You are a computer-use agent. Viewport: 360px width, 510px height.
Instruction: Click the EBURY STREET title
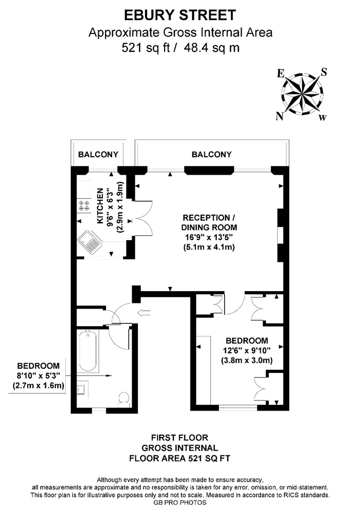180,15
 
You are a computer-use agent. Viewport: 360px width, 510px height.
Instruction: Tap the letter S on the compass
323,72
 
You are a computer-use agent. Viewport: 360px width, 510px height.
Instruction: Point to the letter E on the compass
280,73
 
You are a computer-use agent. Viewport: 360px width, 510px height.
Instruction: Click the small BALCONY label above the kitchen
98,154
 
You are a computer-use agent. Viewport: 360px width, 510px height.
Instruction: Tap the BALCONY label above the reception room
211,154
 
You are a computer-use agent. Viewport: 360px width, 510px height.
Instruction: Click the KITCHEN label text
100,206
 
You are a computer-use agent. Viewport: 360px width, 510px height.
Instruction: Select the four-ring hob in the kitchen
84,206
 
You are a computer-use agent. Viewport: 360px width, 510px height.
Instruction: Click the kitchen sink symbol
90,241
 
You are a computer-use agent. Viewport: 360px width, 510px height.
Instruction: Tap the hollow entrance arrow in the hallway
144,313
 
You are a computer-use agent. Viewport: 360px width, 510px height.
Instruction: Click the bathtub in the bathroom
88,351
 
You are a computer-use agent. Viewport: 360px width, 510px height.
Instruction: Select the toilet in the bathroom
124,399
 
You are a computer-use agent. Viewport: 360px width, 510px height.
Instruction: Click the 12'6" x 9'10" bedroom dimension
246,351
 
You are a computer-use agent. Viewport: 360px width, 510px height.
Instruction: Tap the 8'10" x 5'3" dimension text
38,376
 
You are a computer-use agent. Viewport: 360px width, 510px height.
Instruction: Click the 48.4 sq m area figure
212,48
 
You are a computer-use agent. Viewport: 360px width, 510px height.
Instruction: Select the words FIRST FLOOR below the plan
179,437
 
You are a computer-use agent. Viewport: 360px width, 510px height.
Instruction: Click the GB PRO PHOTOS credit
180,503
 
